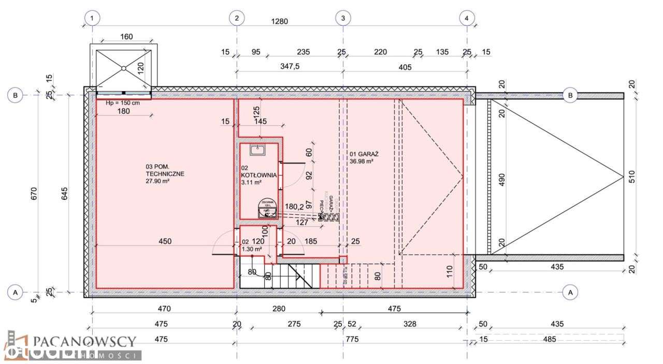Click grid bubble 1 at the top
coord(92,18)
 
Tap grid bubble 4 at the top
coord(467,18)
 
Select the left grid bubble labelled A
coord(15,293)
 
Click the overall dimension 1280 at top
coord(279,21)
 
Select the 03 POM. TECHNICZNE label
coord(165,170)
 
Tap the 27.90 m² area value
coord(158,182)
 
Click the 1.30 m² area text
coord(252,249)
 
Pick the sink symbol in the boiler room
coord(257,150)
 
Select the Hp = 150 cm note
coord(122,103)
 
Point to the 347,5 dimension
coord(290,67)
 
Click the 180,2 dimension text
coord(294,207)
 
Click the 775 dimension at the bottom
coord(352,340)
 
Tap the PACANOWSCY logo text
coord(84,341)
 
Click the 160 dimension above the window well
coord(126,36)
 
